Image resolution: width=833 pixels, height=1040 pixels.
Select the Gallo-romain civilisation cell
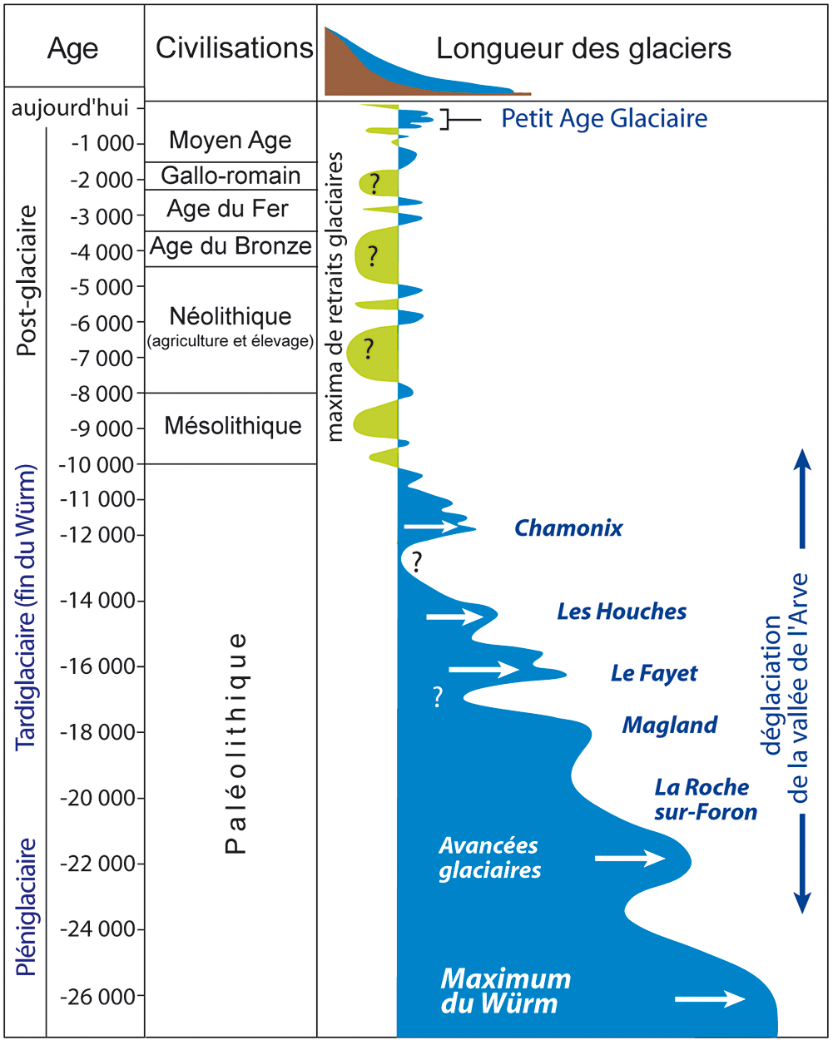coord(231,176)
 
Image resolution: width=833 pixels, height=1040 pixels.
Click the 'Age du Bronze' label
coord(231,247)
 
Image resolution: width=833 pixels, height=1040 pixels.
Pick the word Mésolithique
coord(232,426)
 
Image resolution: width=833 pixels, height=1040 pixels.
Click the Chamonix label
coord(568,527)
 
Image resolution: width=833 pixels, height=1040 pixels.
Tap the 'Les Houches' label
coord(622,612)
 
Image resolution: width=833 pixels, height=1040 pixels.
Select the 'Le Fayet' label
coord(654,673)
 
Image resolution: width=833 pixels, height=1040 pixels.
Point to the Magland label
coord(670,726)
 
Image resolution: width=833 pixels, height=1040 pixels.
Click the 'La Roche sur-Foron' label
coord(705,799)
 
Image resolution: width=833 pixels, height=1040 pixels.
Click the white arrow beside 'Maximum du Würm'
coord(710,998)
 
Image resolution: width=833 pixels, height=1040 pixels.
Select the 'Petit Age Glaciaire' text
coord(604,119)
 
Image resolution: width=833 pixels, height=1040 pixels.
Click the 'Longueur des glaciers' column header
coord(583,48)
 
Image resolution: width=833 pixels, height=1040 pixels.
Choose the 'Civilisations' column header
coord(235,48)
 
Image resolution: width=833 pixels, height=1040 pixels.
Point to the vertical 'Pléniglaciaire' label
coord(27,906)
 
